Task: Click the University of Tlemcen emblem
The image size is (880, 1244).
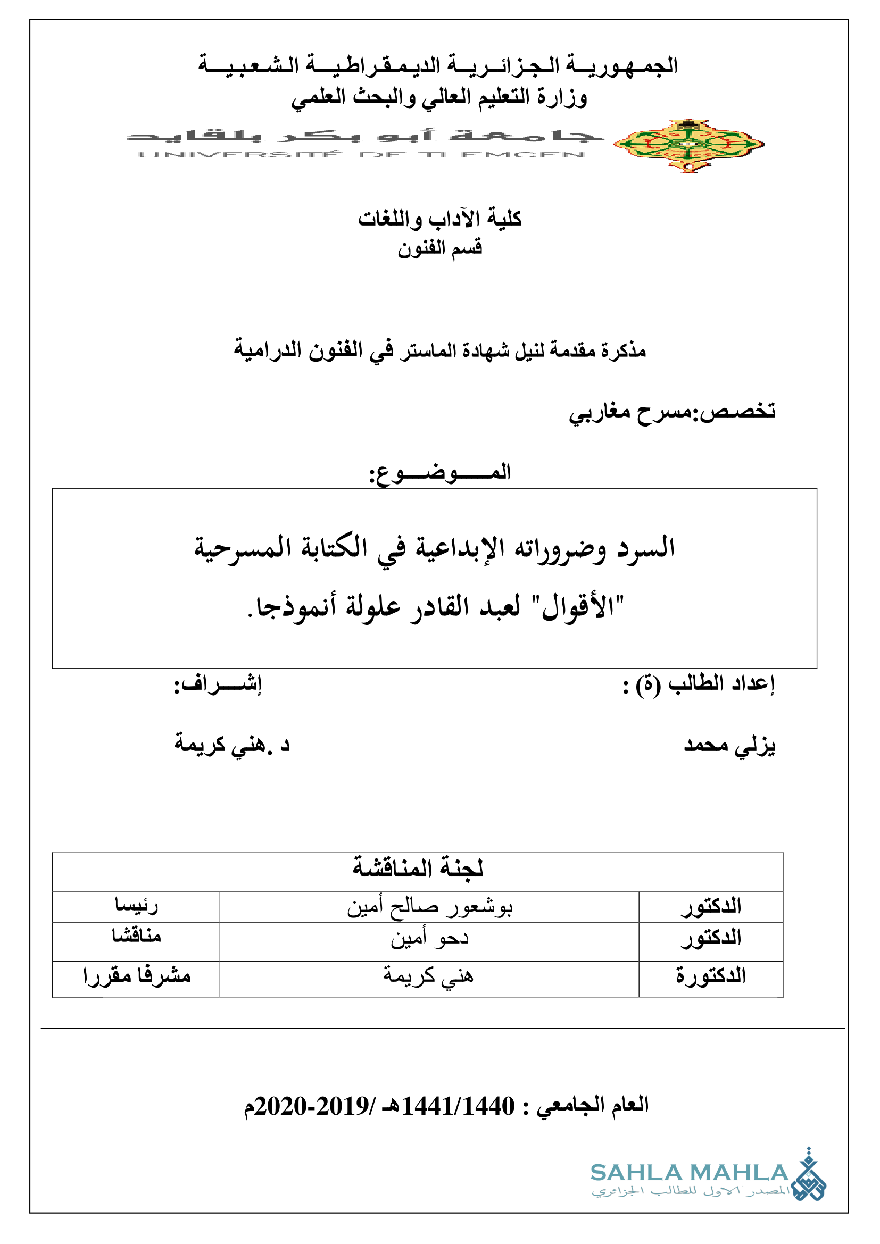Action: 688,145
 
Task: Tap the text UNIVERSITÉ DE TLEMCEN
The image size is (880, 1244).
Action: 361,155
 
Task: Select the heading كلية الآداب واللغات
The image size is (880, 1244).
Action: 439,219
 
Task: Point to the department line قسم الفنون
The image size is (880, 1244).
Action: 439,248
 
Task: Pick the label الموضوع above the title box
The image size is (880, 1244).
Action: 439,472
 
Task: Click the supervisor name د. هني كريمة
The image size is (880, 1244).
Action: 232,746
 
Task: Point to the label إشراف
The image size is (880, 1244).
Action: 217,685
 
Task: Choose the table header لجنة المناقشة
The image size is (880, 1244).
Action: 417,868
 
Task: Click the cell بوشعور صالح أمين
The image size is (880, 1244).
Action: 429,907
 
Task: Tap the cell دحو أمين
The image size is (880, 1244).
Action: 429,938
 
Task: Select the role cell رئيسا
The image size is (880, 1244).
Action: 136,906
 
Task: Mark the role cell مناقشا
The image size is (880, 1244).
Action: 136,936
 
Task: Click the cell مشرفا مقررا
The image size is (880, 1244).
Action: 137,976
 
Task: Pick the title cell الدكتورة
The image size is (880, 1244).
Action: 710,976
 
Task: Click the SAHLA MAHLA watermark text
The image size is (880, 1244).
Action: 688,1173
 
